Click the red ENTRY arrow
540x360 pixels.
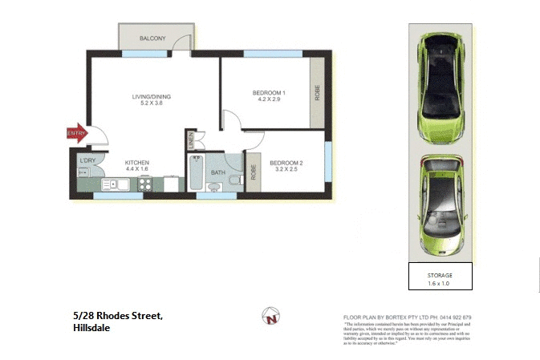tap(75, 133)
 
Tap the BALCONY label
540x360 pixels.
tap(152, 38)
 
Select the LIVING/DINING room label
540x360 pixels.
tap(152, 97)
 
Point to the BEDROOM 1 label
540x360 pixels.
tap(269, 92)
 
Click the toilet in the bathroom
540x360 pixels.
tap(235, 182)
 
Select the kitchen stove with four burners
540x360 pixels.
tap(147, 184)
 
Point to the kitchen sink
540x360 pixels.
tap(109, 184)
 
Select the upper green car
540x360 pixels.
tap(440, 83)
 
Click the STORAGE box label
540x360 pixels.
tap(440, 276)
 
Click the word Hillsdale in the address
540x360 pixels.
tap(90, 328)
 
